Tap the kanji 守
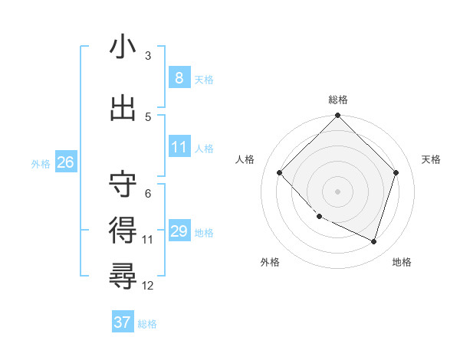123,184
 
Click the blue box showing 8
179,78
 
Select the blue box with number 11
179,147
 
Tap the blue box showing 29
179,231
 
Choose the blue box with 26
65,162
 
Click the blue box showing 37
122,322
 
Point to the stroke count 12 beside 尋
148,286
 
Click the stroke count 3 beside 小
148,56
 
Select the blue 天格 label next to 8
203,79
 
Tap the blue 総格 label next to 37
147,324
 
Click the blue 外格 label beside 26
41,163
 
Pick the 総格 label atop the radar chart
338,100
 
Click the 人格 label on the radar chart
245,159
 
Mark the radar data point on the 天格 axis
396,172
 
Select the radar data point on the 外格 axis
320,217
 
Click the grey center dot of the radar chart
338,191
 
